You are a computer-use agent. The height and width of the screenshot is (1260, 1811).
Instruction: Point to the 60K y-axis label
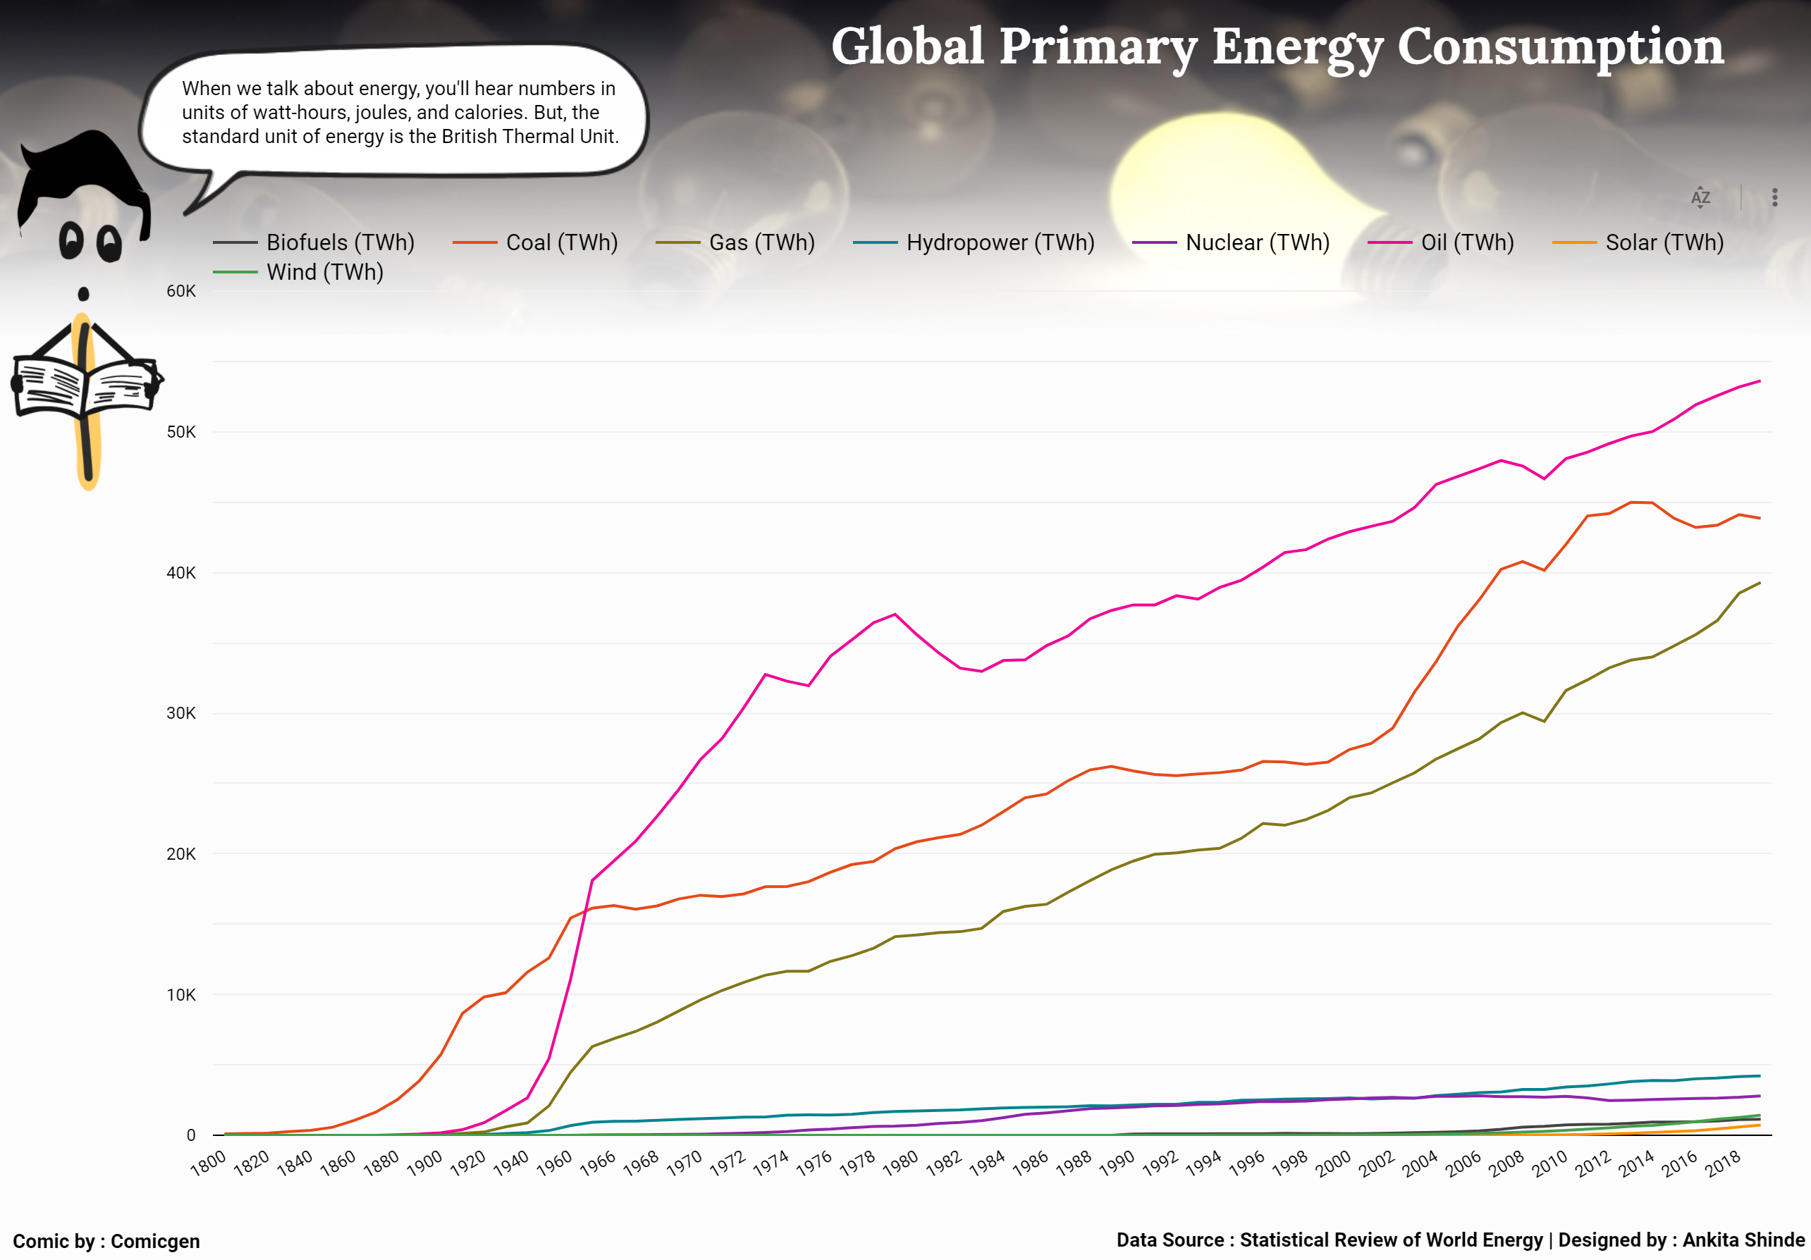pyautogui.click(x=180, y=291)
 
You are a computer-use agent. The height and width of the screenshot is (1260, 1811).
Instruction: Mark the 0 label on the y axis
pyautogui.click(x=191, y=1135)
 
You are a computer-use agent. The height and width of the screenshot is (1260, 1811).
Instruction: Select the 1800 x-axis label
pyautogui.click(x=208, y=1163)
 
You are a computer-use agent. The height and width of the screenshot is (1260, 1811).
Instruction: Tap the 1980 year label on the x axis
pyautogui.click(x=900, y=1163)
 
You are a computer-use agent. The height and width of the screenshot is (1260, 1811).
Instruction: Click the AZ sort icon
pyautogui.click(x=1700, y=197)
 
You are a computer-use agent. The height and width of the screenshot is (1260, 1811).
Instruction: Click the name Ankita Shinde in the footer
pyautogui.click(x=1743, y=1240)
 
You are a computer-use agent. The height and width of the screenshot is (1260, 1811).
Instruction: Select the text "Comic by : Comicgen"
pyautogui.click(x=106, y=1241)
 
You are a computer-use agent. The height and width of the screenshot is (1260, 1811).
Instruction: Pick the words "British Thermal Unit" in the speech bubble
pyautogui.click(x=529, y=137)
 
